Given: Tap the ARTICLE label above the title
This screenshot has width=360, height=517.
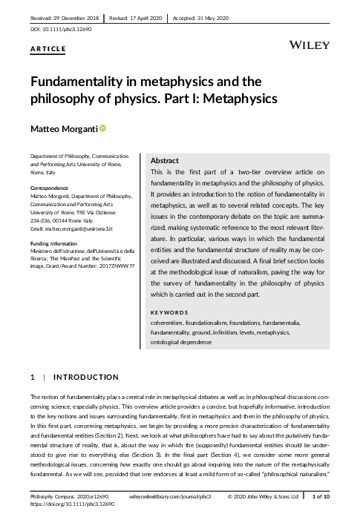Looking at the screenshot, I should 48,50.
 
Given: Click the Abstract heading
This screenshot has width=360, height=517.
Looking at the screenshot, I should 164,159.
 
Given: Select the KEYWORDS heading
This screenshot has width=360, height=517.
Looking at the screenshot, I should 170,313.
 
